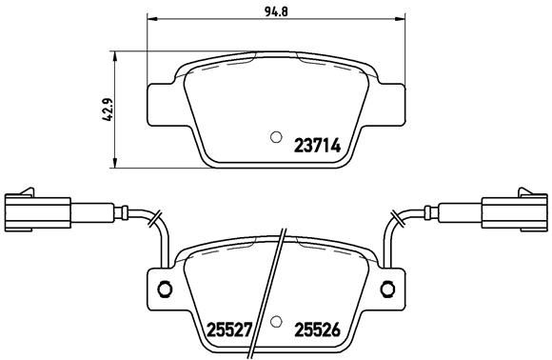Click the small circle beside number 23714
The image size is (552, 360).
click(277, 135)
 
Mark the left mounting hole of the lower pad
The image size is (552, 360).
click(163, 290)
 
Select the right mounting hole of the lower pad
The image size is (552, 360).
click(389, 290)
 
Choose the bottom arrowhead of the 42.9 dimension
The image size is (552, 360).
click(115, 159)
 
